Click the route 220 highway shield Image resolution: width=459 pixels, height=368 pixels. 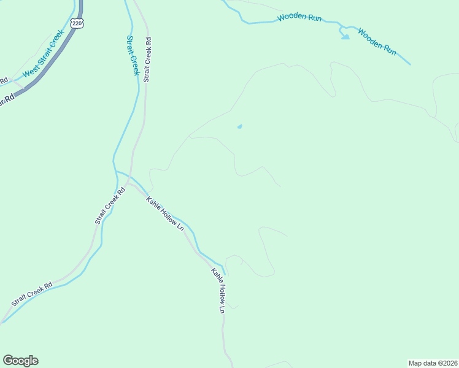coord(77,23)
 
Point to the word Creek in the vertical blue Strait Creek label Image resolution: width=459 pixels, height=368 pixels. coord(134,64)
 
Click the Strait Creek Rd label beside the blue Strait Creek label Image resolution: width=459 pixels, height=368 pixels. coord(147,59)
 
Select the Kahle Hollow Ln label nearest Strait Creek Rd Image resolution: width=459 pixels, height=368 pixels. coord(164,213)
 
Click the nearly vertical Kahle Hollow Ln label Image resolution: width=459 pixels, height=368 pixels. coord(218,291)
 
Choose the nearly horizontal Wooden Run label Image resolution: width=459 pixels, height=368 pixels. coord(299,18)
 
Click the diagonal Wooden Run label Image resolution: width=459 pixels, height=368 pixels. coord(377,40)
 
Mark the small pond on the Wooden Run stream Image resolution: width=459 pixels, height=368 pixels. coord(345,37)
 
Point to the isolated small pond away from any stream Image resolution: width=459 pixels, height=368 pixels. coord(239,127)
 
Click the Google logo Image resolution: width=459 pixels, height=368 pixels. coord(20,361)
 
